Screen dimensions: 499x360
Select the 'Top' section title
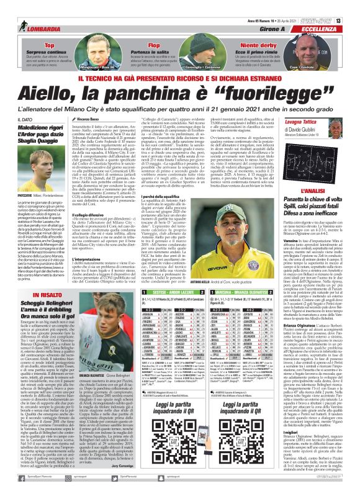(x=49, y=29)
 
